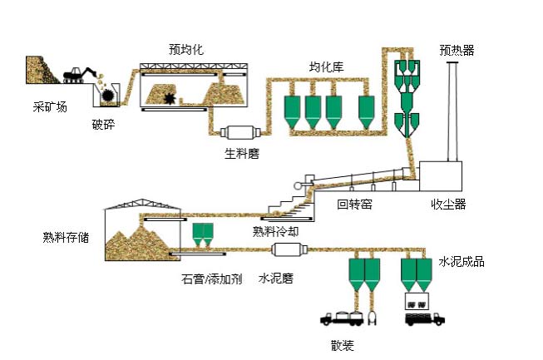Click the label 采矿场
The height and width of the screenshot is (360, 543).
48,107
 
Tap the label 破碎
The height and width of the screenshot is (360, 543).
104,125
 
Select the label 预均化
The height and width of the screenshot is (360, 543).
185,50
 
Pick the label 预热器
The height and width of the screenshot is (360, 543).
457,49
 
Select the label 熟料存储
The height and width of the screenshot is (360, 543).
66,237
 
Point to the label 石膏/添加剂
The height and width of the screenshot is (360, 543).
211,279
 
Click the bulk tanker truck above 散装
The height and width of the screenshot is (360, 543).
350,318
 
